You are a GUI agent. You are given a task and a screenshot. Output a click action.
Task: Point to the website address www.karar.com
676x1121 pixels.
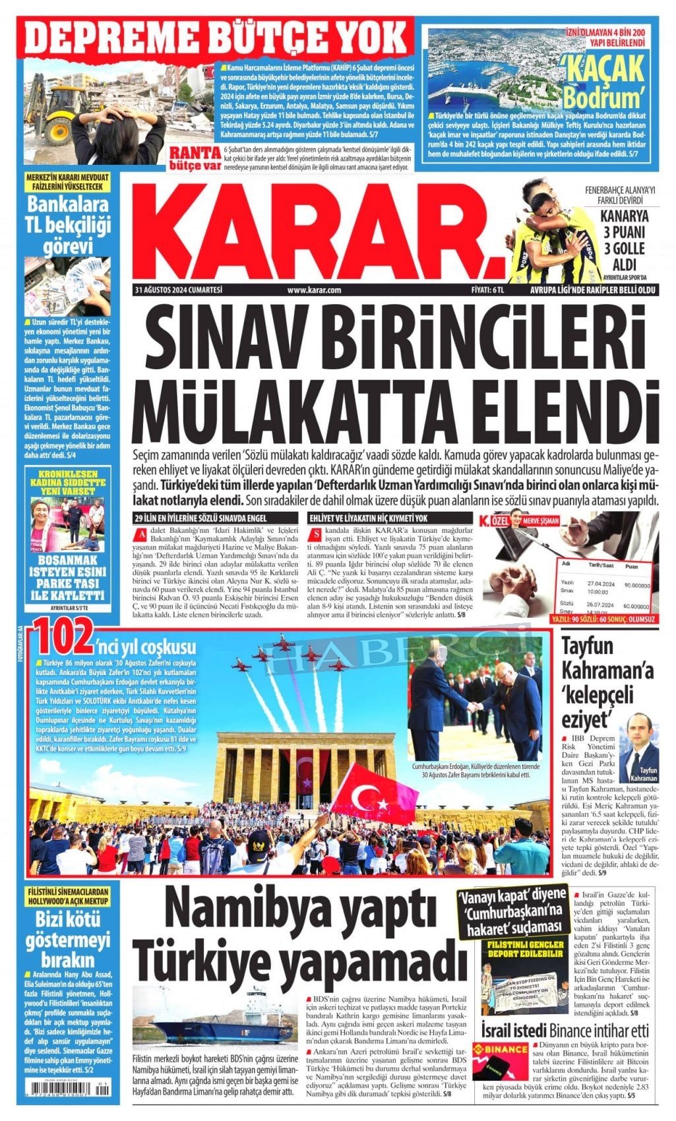315,290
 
